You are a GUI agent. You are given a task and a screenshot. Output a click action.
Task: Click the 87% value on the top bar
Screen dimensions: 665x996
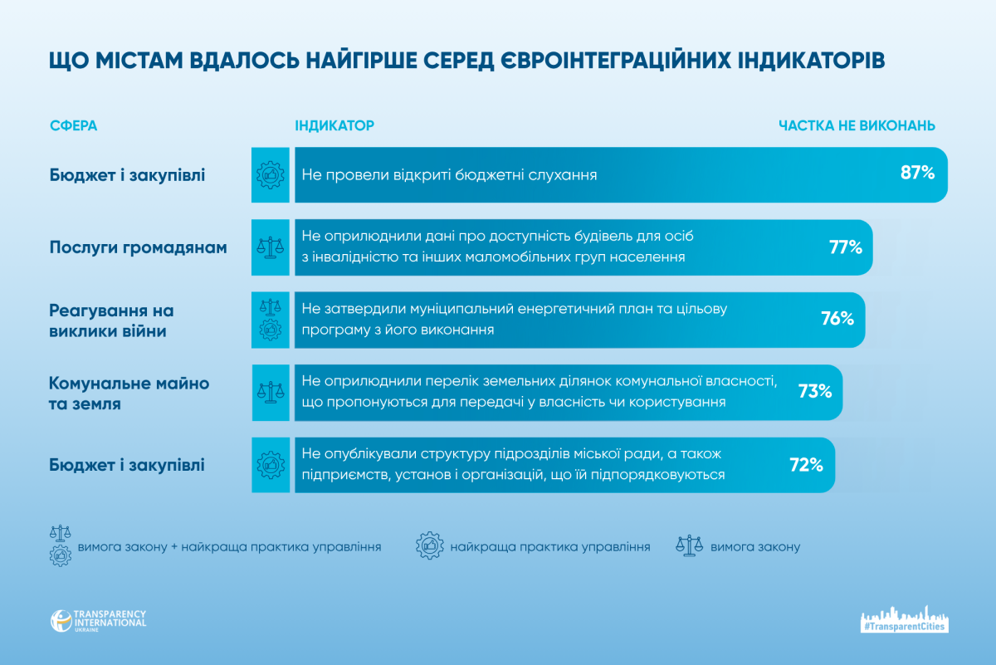(918, 174)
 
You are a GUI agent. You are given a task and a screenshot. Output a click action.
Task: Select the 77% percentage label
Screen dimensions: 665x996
(846, 247)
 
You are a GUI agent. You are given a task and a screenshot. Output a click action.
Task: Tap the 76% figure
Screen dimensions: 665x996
(837, 319)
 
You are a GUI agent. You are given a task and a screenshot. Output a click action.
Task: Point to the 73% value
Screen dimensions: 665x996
(815, 391)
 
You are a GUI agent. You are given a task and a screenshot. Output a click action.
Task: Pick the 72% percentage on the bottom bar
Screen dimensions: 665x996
(806, 465)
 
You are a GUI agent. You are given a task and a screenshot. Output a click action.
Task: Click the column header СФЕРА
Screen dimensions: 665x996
(73, 125)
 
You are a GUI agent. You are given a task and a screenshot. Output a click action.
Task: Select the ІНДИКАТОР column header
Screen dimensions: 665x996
(334, 125)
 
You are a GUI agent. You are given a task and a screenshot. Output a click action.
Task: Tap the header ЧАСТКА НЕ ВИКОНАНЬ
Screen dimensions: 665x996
(857, 125)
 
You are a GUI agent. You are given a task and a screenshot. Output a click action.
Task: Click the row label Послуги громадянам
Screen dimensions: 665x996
(138, 247)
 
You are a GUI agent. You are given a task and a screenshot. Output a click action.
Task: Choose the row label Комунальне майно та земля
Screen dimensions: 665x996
(129, 394)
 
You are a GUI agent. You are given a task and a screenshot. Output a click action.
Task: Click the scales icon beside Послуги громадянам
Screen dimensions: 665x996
(271, 247)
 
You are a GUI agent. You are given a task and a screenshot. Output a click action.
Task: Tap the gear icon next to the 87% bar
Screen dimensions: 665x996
(271, 174)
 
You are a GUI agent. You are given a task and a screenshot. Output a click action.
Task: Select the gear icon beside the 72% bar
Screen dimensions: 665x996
(271, 465)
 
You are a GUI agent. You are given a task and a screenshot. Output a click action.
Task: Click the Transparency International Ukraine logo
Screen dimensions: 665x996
(98, 621)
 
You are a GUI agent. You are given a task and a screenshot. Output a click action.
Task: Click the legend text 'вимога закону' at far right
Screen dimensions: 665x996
(754, 547)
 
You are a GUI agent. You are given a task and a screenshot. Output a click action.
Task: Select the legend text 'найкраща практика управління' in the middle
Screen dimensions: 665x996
(550, 547)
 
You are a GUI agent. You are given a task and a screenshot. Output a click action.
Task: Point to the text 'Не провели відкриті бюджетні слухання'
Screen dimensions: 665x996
(449, 175)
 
